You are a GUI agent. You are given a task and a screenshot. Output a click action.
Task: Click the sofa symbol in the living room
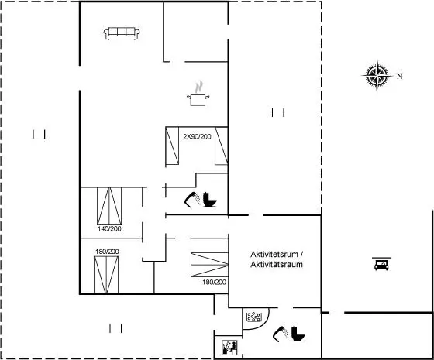point(122,33)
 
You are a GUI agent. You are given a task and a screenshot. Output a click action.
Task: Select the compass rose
point(377,75)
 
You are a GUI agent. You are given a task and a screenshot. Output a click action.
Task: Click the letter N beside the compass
point(400,76)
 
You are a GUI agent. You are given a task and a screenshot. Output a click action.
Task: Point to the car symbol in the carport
point(381,264)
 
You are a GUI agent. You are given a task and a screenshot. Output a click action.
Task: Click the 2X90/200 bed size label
point(197,136)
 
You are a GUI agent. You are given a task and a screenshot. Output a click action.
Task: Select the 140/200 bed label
point(109,228)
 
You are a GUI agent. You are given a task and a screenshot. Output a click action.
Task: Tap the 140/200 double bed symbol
point(109,206)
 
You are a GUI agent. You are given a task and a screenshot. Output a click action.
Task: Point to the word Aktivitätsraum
point(277,265)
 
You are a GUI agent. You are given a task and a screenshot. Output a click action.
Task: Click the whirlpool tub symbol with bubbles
point(253,317)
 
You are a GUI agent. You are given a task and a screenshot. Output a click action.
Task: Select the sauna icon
point(229,348)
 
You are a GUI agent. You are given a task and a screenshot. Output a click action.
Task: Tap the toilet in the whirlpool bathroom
point(298,334)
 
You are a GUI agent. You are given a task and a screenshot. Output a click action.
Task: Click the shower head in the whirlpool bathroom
point(281,334)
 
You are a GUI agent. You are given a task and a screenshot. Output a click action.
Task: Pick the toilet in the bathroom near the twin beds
point(210,200)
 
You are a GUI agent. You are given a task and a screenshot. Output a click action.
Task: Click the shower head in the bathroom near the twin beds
point(192,200)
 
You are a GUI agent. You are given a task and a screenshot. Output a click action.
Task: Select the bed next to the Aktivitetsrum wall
point(209,265)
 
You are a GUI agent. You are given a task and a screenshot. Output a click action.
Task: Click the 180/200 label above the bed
point(107,252)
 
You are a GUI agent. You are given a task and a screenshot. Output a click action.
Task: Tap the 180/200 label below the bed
point(214,282)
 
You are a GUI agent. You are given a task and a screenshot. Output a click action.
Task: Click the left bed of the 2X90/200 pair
point(172,146)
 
